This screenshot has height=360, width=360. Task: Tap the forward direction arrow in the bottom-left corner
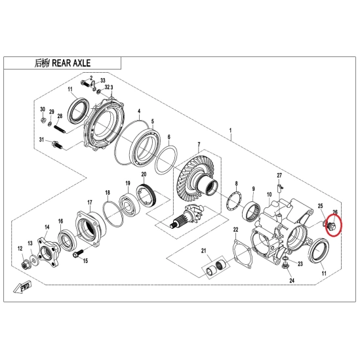[x=22, y=287]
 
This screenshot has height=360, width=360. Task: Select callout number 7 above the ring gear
[x=199, y=145]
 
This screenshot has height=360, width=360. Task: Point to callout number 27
[x=279, y=176]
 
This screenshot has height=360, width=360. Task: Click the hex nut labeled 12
[x=24, y=266]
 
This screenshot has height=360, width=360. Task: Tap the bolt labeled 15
[x=79, y=254]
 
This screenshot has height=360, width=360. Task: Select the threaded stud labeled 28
[x=60, y=129]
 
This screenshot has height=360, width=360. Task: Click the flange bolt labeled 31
[x=57, y=145]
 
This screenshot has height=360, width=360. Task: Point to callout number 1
[x=231, y=130]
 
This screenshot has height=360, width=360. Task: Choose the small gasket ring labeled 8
[x=233, y=201]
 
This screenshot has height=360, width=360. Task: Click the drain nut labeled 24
[x=285, y=266]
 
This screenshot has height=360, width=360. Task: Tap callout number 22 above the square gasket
[x=236, y=229]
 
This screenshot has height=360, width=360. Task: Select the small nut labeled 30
[x=43, y=120]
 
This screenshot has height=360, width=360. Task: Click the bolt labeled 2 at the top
[x=87, y=83]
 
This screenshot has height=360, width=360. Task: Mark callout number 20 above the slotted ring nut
[x=144, y=174]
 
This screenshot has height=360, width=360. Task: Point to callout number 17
[x=90, y=202]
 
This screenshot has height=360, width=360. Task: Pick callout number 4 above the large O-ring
[x=139, y=111]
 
